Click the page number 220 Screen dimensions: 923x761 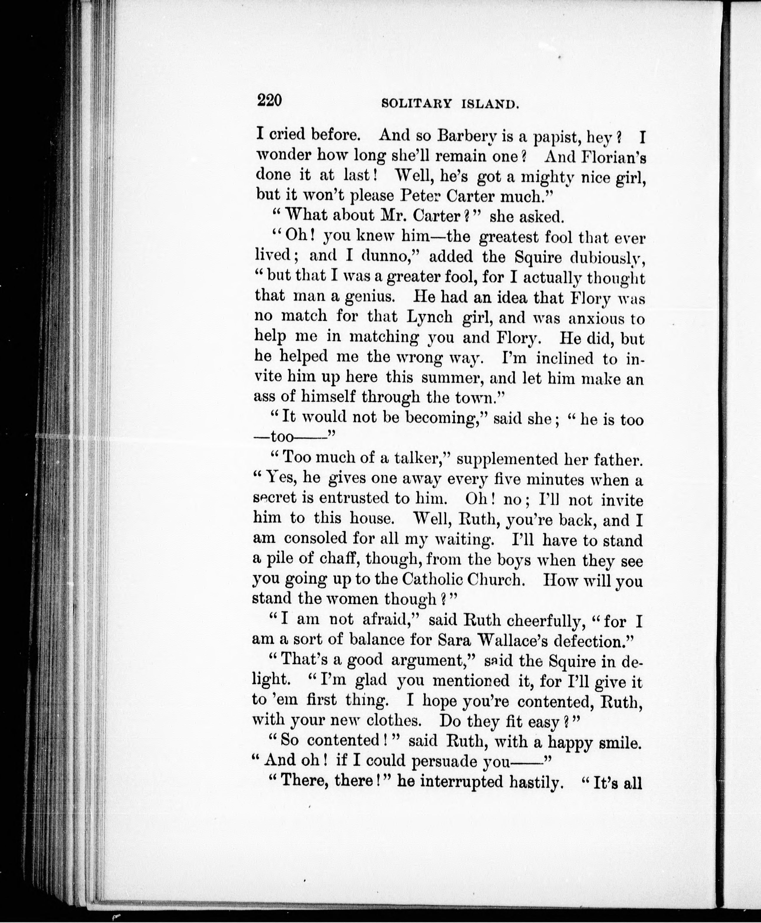click(x=269, y=101)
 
